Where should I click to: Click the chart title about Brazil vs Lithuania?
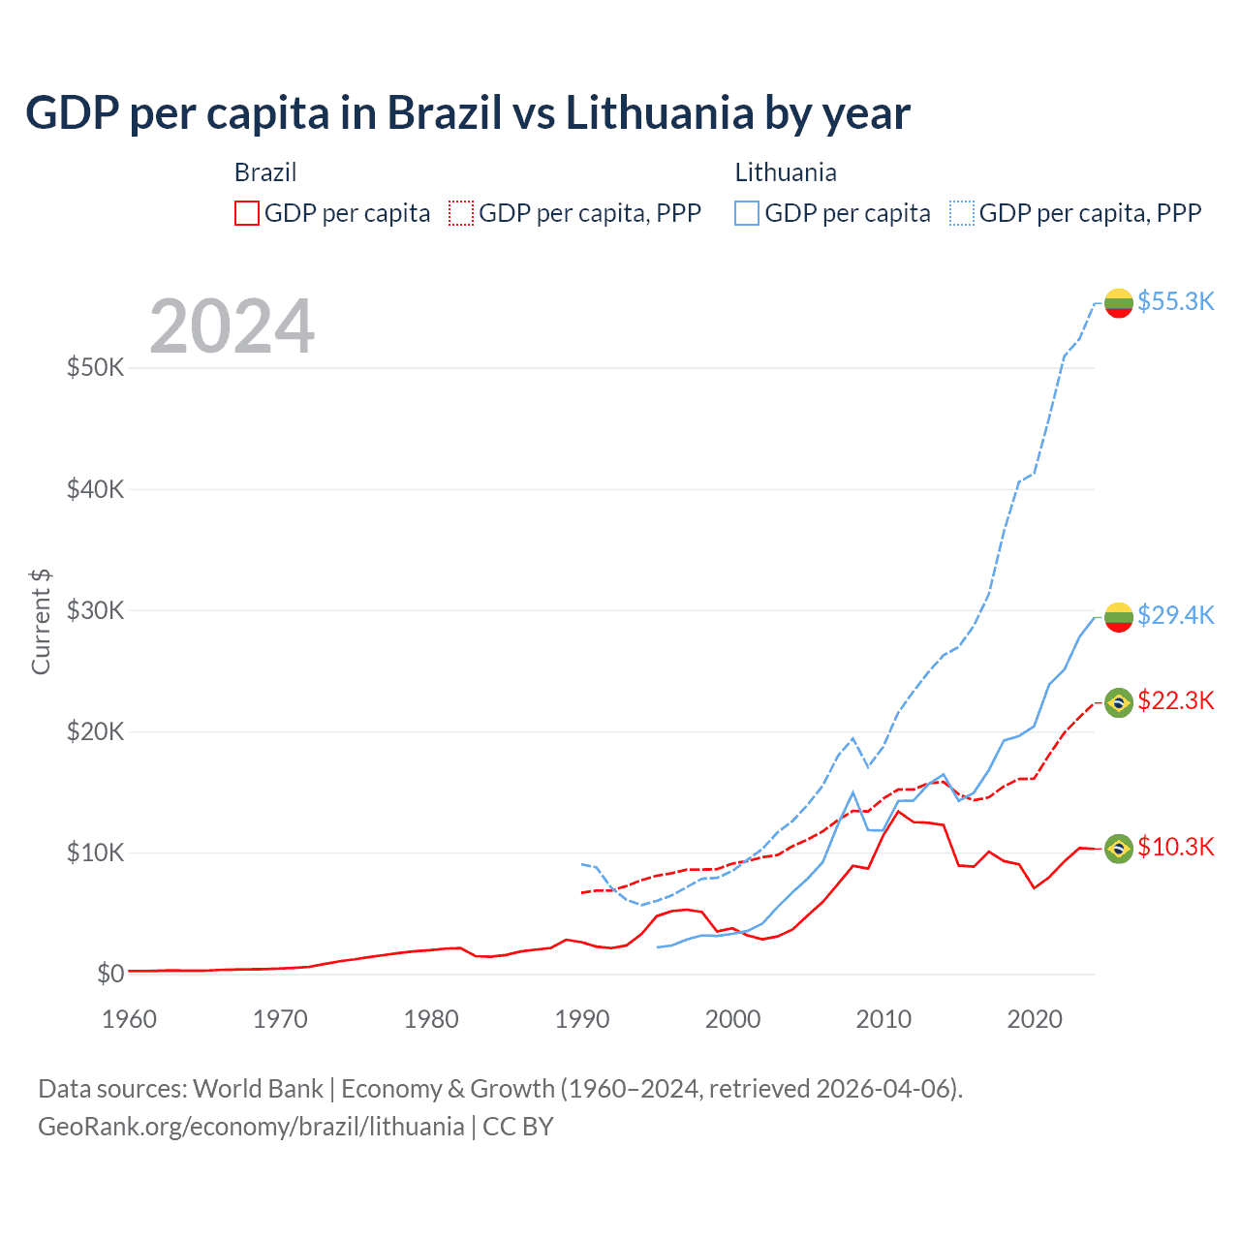(x=467, y=113)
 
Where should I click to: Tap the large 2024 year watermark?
(x=232, y=326)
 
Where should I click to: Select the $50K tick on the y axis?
(x=96, y=368)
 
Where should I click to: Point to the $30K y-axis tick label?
(x=96, y=610)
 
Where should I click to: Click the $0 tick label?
(x=110, y=974)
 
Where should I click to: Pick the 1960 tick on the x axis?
(x=129, y=1019)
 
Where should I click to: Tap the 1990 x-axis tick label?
(x=582, y=1019)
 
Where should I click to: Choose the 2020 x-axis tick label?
(x=1035, y=1019)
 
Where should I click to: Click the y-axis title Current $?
(x=41, y=622)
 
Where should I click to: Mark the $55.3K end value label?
(x=1175, y=301)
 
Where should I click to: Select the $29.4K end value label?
(x=1175, y=615)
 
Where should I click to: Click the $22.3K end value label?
(x=1175, y=700)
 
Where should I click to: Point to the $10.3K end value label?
(x=1175, y=847)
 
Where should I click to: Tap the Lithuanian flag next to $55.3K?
(x=1119, y=303)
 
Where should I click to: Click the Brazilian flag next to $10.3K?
(x=1119, y=849)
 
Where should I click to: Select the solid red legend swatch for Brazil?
(x=247, y=213)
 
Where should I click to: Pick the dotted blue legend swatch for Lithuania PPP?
(x=962, y=213)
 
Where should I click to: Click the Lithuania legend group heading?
(x=786, y=172)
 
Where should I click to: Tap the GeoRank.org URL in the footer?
(x=251, y=1127)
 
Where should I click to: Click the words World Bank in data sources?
(x=259, y=1089)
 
